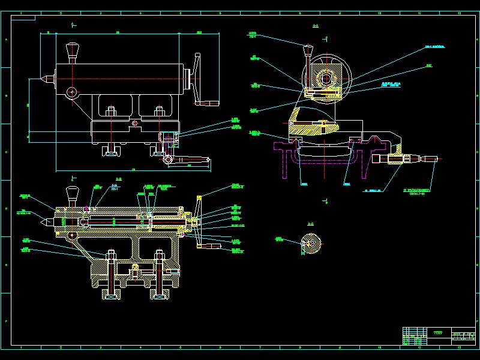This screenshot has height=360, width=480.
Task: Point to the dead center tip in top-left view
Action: (43, 78)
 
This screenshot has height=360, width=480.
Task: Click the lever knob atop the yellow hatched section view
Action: (73, 191)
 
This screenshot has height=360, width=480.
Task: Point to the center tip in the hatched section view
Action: (43, 221)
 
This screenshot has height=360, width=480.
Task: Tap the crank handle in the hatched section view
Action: (208, 246)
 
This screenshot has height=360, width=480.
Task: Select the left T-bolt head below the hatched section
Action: (111, 296)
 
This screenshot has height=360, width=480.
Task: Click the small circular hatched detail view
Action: (311, 243)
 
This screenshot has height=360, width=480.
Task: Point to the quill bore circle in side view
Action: (326, 79)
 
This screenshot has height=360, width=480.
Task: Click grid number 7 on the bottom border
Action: (259, 347)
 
